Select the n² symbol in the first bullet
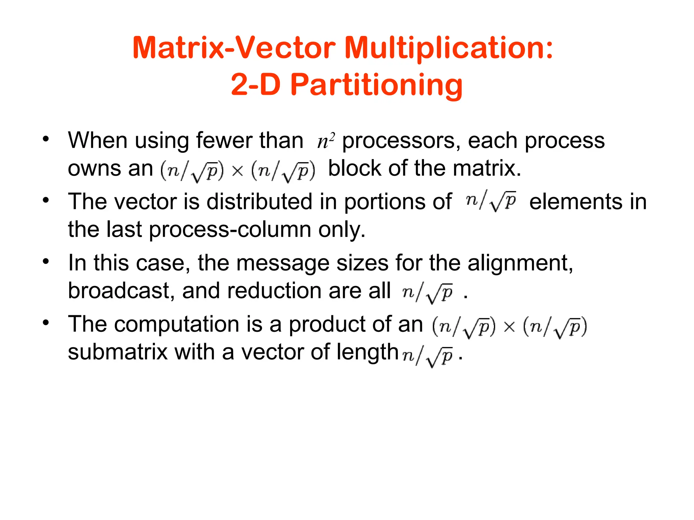(x=326, y=141)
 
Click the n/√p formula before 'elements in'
(x=491, y=201)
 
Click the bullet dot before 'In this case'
(x=46, y=261)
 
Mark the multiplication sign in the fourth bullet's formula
(x=509, y=327)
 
